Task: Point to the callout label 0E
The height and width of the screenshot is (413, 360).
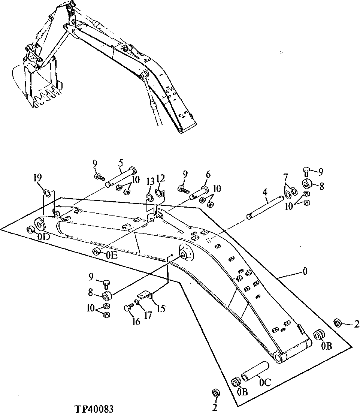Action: (111, 256)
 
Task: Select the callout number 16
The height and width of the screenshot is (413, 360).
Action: (136, 322)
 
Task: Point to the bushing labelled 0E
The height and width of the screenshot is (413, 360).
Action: (97, 251)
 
